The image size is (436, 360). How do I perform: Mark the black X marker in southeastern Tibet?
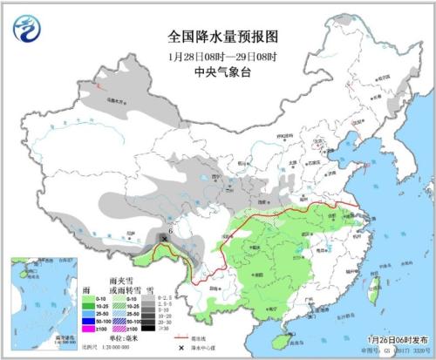(166, 238)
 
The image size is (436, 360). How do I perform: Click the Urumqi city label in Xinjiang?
(113, 101)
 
